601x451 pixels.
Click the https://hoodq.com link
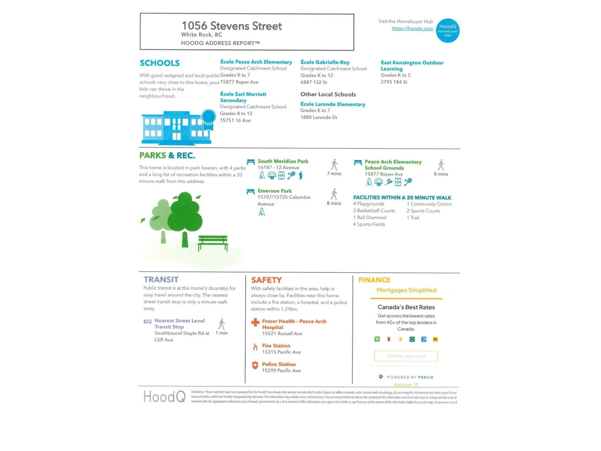tap(412, 29)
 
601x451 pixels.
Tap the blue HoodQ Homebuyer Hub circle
tap(448, 31)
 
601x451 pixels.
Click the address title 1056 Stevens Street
tap(231, 26)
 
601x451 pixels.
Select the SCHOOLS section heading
tap(160, 63)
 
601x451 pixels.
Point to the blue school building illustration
tap(176, 127)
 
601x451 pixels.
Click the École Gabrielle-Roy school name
tap(325, 62)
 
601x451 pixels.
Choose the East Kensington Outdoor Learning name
tap(412, 65)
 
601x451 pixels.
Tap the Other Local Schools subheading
tap(328, 94)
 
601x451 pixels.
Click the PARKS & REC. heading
tap(167, 156)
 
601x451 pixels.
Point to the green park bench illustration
tap(213, 242)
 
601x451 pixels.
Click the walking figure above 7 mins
tap(334, 165)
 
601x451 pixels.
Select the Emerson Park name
tap(275, 191)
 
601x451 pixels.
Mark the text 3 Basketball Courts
tap(374, 211)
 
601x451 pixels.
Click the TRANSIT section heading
tap(161, 280)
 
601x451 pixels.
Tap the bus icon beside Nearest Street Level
tap(148, 322)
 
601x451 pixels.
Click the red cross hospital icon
tap(255, 322)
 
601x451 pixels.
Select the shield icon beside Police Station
tap(255, 365)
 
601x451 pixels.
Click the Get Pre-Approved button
tap(406, 356)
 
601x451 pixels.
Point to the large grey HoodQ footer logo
tap(164, 397)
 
